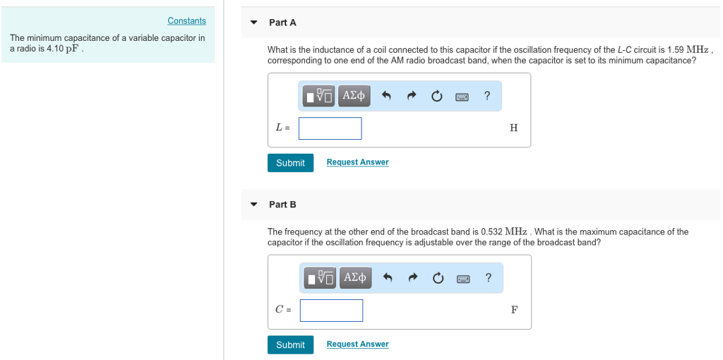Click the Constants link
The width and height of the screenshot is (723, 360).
coord(186,21)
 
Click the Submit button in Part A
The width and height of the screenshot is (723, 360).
coord(290,163)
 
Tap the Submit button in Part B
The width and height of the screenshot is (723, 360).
coord(290,344)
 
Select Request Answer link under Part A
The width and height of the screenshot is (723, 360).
coord(357,162)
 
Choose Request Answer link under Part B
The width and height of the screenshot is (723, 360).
coord(357,344)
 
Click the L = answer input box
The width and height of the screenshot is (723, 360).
coord(330,128)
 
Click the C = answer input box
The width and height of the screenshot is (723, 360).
coord(331,310)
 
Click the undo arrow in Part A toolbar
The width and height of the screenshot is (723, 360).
coord(386,96)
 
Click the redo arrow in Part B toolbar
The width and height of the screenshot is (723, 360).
coord(413,278)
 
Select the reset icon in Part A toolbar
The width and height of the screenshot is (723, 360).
coord(437,96)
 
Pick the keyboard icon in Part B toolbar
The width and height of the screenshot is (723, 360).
coord(462,278)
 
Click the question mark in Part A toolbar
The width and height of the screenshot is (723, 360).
coord(487,96)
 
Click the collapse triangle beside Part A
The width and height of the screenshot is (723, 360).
coord(254,23)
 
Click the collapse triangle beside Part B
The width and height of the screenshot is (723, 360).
coord(254,205)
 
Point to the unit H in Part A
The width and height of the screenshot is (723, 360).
coord(513,128)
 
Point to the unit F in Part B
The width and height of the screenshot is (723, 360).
coord(513,310)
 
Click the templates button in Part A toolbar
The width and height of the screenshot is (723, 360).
coord(319,95)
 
